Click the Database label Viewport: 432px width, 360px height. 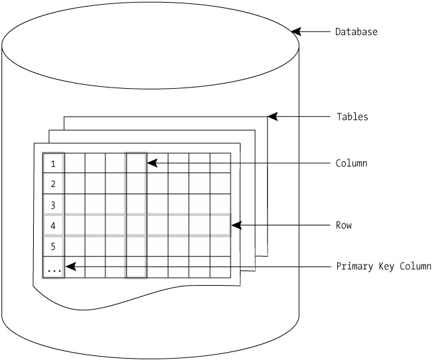pyautogui.click(x=356, y=32)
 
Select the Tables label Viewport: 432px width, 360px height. pyautogui.click(x=352, y=117)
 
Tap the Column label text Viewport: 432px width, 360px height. pyautogui.click(x=351, y=163)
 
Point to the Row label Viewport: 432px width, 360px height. pyautogui.click(x=344, y=225)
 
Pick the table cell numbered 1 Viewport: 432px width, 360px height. pyautogui.click(x=54, y=163)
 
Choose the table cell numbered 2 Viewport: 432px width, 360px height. pyautogui.click(x=54, y=184)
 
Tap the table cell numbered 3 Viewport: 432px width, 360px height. pyautogui.click(x=54, y=205)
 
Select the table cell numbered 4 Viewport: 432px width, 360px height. pyautogui.click(x=54, y=225)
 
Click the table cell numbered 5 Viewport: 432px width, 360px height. pyautogui.click(x=54, y=246)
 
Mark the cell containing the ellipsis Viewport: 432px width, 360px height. pyautogui.click(x=54, y=267)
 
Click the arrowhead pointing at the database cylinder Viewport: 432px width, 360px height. pyautogui.click(x=296, y=32)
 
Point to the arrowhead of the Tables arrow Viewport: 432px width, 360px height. pyautogui.click(x=272, y=117)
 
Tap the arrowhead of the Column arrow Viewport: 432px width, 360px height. pyautogui.click(x=152, y=163)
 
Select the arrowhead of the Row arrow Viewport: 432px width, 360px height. pyautogui.click(x=237, y=225)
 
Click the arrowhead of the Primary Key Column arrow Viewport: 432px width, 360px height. pyautogui.click(x=71, y=267)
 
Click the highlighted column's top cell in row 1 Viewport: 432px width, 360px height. pyautogui.click(x=136, y=163)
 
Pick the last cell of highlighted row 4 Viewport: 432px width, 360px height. pyautogui.click(x=221, y=225)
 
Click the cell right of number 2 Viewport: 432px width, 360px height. pyautogui.click(x=75, y=184)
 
